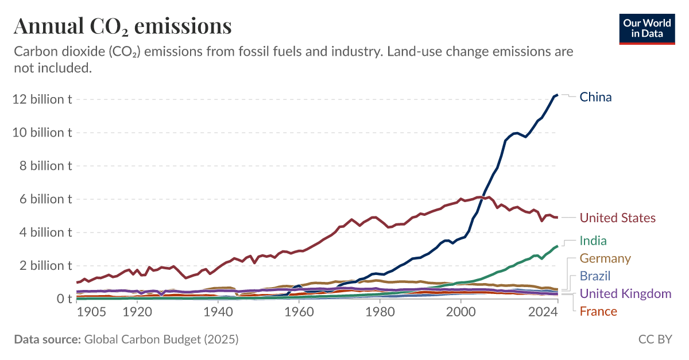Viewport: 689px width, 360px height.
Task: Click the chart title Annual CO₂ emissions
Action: coord(123,26)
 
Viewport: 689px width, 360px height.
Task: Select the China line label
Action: coord(595,97)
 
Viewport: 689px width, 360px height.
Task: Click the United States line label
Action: coord(617,218)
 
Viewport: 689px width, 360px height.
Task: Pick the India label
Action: coord(593,241)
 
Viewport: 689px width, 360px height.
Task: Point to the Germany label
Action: coord(605,258)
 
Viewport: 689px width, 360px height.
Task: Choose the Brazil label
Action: coord(595,276)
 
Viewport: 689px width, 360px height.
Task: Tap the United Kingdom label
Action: coord(625,293)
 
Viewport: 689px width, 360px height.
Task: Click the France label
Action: coord(598,311)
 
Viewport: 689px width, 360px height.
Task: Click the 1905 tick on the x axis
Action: coord(92,312)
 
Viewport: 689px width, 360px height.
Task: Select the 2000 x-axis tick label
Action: coord(462,312)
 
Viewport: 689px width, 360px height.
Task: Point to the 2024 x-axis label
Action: coord(543,312)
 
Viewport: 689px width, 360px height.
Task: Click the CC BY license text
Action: coord(655,339)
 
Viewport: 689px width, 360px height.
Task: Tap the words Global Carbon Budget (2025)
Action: coord(161,339)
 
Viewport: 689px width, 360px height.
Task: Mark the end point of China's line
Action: coord(557,94)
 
